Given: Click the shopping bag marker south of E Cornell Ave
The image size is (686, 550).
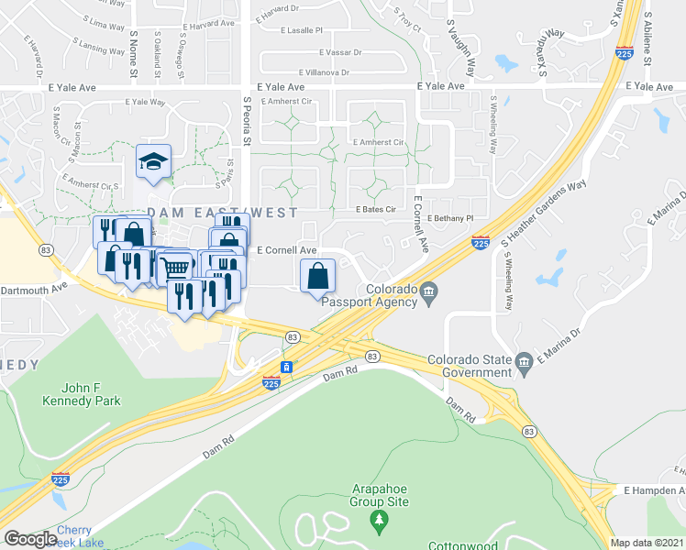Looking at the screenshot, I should click(317, 275).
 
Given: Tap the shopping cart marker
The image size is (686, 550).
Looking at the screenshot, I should click(176, 267).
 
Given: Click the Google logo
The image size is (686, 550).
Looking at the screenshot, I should click(30, 539).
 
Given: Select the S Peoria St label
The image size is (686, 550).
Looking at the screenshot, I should click(247, 122).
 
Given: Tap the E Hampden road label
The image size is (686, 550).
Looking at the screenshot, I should click(654, 491).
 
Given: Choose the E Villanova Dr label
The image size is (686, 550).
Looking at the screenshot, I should click(315, 71).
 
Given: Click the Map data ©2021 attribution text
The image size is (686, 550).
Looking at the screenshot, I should click(647, 543).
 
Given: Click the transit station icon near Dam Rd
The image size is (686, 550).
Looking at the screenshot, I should click(287, 367).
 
